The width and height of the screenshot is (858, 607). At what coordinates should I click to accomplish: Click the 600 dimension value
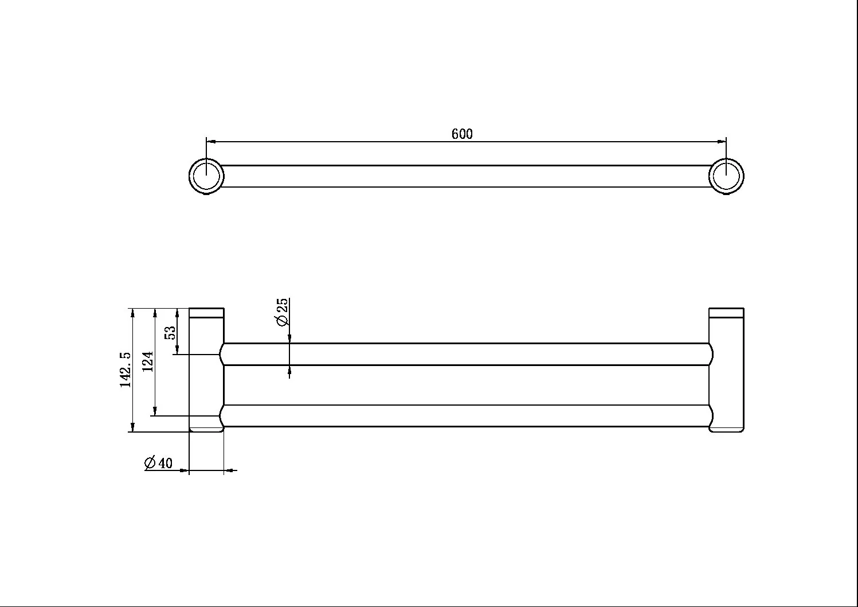pos(462,134)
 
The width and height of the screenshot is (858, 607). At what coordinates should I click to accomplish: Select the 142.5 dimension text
pos(126,370)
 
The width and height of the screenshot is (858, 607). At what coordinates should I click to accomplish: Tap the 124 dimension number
pos(148,362)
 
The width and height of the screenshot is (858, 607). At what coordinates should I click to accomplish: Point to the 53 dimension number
pos(170,333)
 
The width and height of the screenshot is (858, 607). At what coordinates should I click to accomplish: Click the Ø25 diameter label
pos(283,312)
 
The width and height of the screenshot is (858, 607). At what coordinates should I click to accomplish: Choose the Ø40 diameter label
pos(159,463)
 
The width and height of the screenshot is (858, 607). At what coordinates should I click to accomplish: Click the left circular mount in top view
pos(206,176)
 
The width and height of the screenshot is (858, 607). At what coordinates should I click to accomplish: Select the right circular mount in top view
pos(726,176)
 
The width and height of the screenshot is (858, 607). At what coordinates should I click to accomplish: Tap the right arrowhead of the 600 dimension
pos(722,141)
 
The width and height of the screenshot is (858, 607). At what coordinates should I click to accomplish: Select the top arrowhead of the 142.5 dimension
pos(133,313)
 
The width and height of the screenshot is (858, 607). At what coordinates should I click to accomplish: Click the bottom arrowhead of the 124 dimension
pos(155,411)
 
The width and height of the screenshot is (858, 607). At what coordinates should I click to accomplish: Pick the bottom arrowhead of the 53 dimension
pos(178,350)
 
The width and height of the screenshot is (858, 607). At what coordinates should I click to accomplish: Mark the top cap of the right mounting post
pos(726,313)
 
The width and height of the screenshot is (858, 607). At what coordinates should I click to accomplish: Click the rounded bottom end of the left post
pos(206,429)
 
